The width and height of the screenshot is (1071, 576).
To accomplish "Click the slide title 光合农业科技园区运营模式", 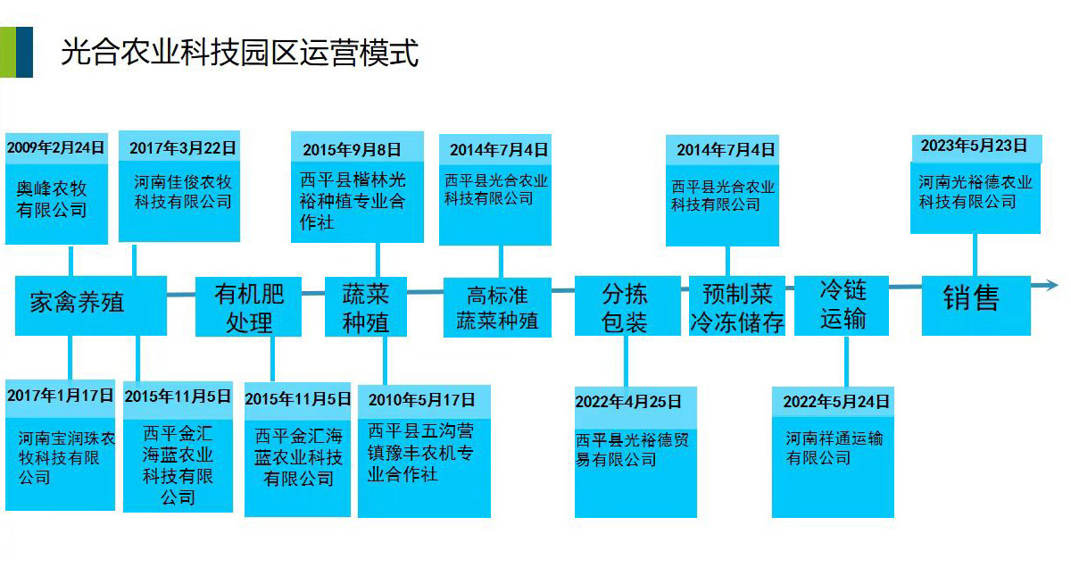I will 239,53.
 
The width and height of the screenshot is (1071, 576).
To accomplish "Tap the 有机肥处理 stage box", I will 249,307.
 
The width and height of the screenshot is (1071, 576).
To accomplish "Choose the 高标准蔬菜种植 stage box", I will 497,307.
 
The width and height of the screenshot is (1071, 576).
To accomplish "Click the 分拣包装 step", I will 625,307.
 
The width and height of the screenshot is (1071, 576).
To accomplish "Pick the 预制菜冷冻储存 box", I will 736,307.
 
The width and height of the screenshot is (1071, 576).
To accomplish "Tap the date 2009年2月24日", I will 55,147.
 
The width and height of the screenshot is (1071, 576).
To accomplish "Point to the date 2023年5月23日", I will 974,146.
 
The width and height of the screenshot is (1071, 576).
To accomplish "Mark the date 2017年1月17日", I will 61,396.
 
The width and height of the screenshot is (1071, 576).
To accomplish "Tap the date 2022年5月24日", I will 835,402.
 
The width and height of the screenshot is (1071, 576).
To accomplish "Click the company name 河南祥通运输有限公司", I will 834,448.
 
